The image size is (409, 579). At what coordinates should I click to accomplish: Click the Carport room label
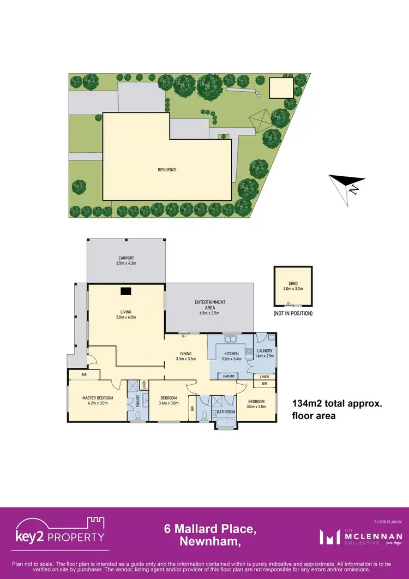[126, 260]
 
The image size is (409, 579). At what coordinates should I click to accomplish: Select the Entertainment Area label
[210, 305]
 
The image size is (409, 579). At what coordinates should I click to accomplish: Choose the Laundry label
[264, 353]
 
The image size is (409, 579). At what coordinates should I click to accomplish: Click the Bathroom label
[226, 411]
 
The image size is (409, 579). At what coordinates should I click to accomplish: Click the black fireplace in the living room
[127, 291]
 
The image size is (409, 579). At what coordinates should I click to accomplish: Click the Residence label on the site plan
[167, 170]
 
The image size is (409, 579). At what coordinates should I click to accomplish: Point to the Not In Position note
[293, 314]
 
